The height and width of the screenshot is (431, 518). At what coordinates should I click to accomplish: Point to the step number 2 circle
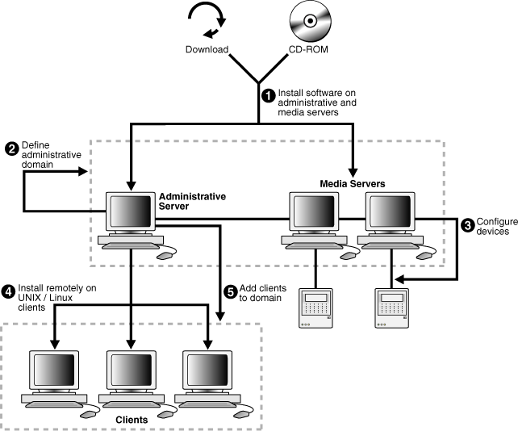coord(13,148)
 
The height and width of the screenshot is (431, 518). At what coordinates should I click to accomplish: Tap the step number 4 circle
coord(9,290)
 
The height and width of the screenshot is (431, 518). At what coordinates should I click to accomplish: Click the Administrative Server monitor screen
coord(130,212)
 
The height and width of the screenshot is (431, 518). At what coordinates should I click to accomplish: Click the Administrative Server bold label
coord(192,201)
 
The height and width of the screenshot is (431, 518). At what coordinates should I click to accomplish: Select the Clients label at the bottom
coord(131,420)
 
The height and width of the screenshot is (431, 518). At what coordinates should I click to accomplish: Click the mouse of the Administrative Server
coord(165,255)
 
